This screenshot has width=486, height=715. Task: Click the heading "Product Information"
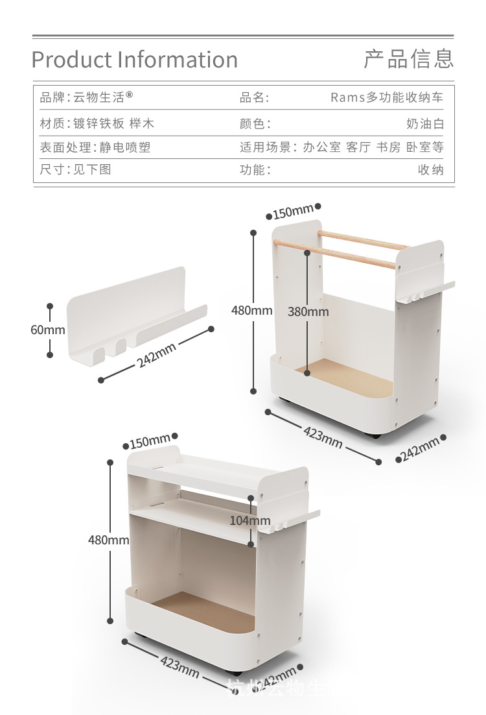[x=135, y=60]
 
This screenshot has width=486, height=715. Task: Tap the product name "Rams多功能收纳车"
[x=387, y=97]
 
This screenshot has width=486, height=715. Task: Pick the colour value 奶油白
[x=425, y=123]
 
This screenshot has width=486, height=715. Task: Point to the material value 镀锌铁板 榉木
[x=114, y=123]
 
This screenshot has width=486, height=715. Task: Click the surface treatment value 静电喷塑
[x=125, y=147]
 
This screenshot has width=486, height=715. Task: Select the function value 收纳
[x=430, y=170]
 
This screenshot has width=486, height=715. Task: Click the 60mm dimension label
[x=48, y=330]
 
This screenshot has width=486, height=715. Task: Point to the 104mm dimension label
[x=250, y=520]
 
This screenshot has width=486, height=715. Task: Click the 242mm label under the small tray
[x=157, y=356]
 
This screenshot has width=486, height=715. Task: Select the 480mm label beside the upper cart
[x=252, y=310]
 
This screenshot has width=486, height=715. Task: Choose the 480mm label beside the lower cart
[x=109, y=539]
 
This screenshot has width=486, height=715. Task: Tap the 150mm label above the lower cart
[x=150, y=443]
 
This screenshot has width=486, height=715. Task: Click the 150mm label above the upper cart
[x=292, y=212]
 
